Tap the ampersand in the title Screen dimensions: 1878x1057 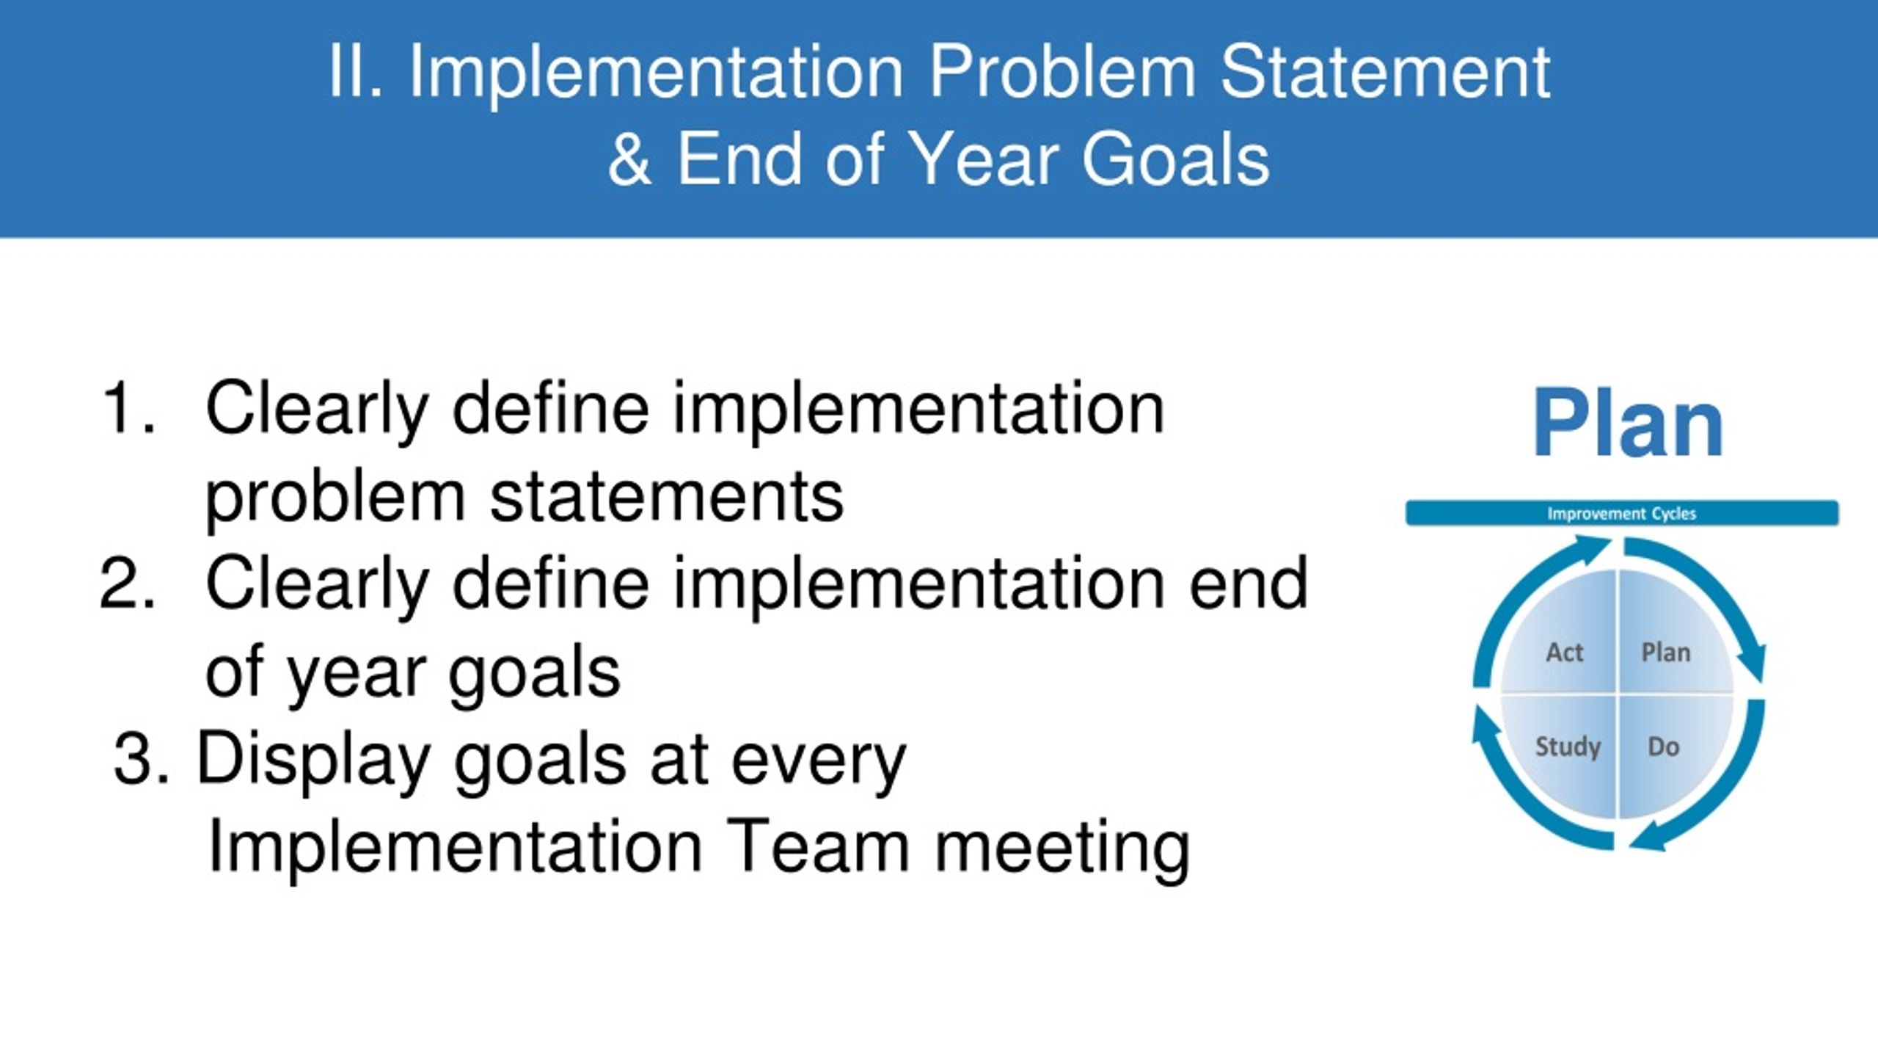point(629,159)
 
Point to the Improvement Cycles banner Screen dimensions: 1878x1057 point(1622,513)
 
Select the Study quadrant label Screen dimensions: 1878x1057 point(1568,747)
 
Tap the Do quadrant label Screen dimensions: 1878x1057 point(1664,747)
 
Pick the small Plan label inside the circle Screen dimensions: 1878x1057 point(1666,652)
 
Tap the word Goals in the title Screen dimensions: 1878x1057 point(1175,159)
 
